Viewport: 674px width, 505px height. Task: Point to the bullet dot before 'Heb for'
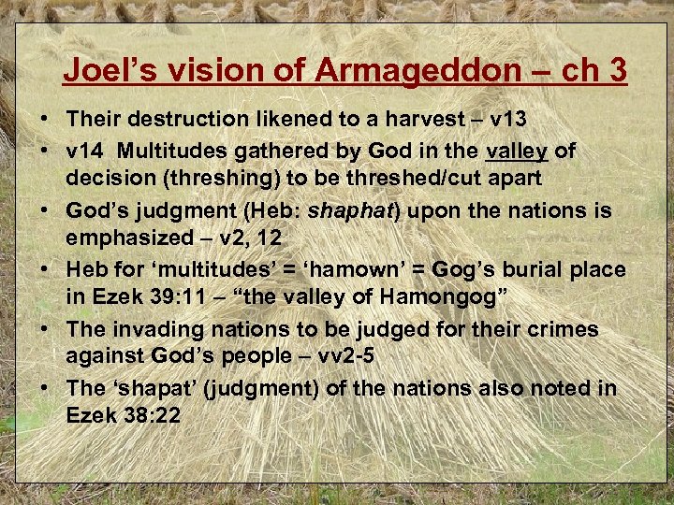[45, 270]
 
